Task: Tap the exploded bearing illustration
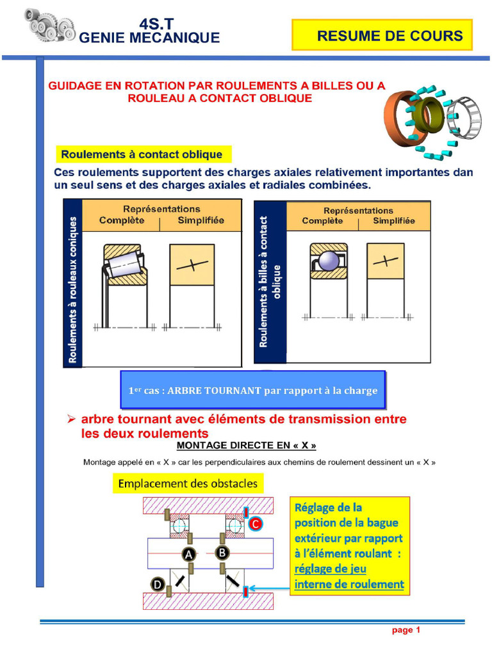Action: pos(433,119)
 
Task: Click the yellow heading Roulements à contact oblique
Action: pos(142,154)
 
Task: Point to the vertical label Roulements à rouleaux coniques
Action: pos(72,290)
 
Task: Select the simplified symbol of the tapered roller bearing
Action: pos(192,265)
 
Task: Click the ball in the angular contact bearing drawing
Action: pos(329,261)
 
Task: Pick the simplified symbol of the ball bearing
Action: pos(385,261)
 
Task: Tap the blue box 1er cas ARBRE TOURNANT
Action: pos(253,390)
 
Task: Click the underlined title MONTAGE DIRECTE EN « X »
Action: pos(247,445)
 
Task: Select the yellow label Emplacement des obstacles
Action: pos(186,483)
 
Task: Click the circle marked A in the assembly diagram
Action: pos(189,555)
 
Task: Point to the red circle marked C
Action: pos(255,524)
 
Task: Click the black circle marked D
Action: pos(157,584)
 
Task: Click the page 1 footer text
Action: pos(406,630)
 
